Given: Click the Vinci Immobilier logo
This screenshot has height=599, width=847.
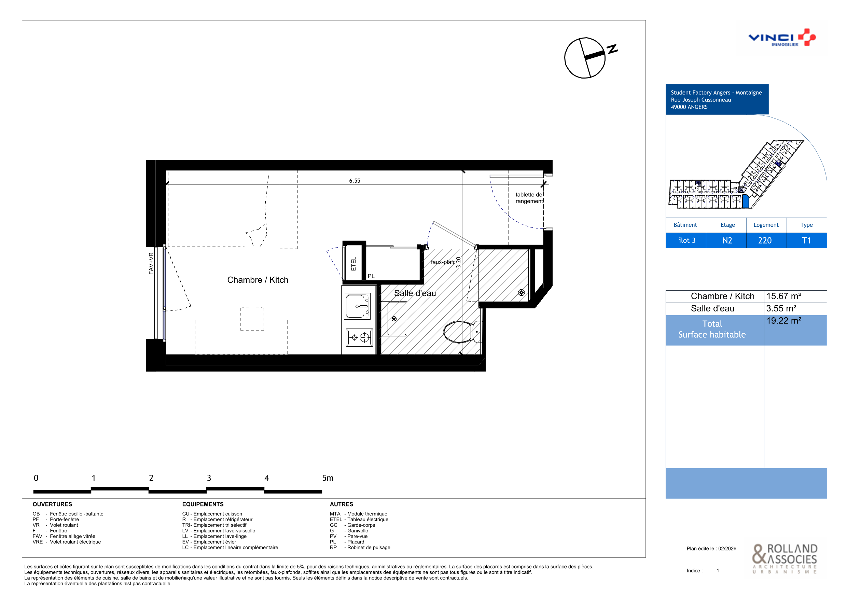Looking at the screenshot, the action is point(782,38).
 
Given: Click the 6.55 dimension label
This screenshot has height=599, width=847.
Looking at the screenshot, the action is point(355,181).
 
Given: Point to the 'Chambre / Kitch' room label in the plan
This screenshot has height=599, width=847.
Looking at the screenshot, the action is point(258,280).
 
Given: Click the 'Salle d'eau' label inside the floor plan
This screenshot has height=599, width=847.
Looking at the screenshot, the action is point(415,293).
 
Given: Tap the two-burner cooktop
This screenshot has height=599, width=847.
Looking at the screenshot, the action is point(359,337).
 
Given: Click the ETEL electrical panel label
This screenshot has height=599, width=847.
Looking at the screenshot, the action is point(353,264).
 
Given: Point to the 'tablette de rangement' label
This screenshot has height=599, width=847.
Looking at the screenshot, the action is point(529,198).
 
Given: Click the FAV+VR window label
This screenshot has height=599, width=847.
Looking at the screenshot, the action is point(151,263).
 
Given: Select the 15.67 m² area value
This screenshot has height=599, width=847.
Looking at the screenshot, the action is point(783,296).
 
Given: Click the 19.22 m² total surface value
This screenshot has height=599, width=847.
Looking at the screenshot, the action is point(783,321).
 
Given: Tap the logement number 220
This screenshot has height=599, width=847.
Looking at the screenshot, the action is point(765,240).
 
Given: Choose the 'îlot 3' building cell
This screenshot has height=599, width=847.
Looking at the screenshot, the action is point(687,240).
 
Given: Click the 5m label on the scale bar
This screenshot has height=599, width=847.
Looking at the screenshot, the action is point(328,478).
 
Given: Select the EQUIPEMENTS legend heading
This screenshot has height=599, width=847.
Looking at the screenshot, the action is point(203,504).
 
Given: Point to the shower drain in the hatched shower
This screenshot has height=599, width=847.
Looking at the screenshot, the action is point(521,292).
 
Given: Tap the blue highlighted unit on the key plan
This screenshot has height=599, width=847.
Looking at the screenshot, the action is point(746,201).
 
